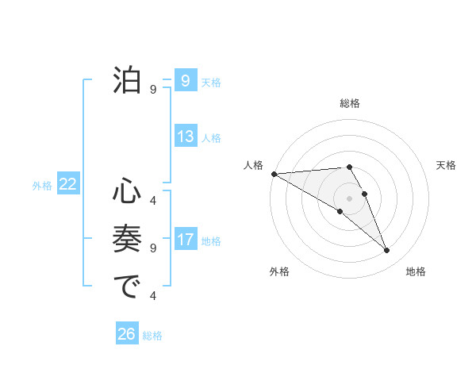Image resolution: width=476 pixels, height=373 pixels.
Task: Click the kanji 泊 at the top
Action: (x=128, y=80)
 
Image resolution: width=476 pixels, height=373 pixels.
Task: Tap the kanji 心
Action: (x=128, y=191)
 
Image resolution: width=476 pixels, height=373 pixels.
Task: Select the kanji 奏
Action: (x=128, y=238)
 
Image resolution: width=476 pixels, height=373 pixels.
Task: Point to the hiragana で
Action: (x=128, y=286)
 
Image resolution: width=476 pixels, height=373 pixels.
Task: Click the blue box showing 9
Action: (x=185, y=81)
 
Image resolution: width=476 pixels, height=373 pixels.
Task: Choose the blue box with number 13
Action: (x=185, y=137)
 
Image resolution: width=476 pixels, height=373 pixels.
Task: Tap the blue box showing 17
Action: (x=185, y=240)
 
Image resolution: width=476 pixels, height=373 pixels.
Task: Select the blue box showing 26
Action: (x=126, y=334)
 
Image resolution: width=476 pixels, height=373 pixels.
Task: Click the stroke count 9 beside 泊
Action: (x=153, y=90)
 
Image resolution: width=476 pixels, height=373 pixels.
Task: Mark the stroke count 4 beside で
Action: (x=153, y=296)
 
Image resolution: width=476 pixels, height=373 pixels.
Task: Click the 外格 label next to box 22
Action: (x=42, y=186)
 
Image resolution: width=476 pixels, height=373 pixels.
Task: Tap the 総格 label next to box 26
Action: (x=152, y=336)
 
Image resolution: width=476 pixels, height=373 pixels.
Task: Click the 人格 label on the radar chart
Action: (x=253, y=165)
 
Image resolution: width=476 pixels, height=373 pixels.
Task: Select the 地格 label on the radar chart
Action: (x=416, y=271)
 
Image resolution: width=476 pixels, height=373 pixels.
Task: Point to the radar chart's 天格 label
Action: (x=446, y=165)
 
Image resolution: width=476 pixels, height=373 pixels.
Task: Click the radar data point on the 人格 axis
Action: (x=274, y=173)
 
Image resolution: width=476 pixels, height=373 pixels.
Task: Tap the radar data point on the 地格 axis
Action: (x=386, y=251)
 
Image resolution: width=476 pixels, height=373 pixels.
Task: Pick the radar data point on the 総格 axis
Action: (x=349, y=167)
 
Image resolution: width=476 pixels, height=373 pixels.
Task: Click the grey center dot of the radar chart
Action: (x=349, y=197)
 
